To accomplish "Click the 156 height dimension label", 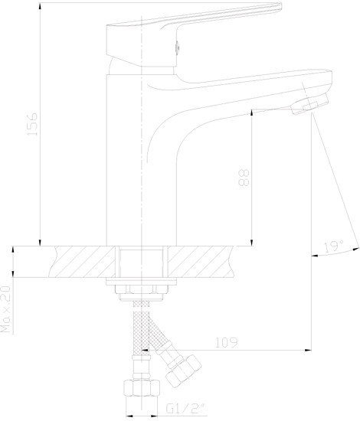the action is tap(32, 124).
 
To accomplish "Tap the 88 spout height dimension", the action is tap(244, 178).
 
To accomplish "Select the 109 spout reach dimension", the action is tap(227, 343).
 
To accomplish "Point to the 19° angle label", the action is tap(334, 246).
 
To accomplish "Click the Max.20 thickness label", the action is tap(5, 309).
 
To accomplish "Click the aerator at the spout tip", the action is tap(310, 103).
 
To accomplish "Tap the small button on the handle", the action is tap(177, 47).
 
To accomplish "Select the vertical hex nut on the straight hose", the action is tap(142, 388).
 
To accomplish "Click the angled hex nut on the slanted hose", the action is tap(184, 370).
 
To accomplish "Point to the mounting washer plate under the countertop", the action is tap(141, 282).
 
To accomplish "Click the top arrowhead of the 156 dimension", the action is tap(40, 6).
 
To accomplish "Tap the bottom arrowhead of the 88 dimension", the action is tap(252, 243).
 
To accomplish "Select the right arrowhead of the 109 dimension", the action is tap(308, 350).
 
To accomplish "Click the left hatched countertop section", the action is tap(83, 262).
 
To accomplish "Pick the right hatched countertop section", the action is tap(200, 262).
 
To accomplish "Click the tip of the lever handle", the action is tap(280, 6).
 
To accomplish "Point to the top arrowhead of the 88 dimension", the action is tap(252, 113).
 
